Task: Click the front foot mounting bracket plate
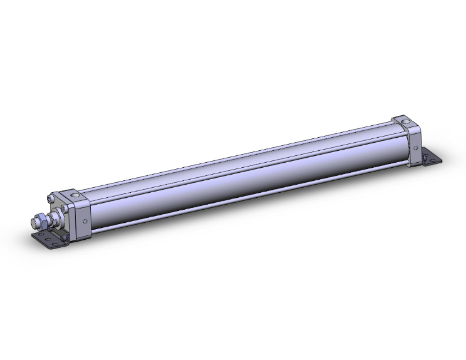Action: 50,240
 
